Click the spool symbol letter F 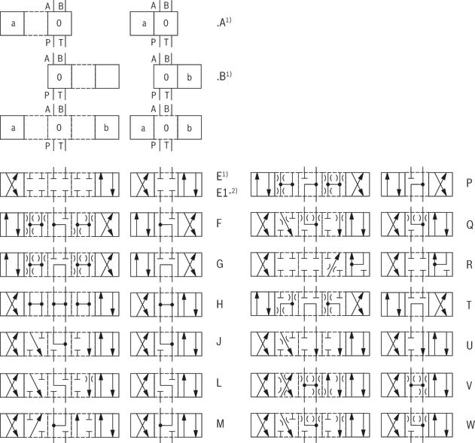pyautogui.click(x=219, y=223)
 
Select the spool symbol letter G pyautogui.click(x=220, y=264)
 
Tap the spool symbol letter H pyautogui.click(x=220, y=304)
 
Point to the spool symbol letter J pyautogui.click(x=219, y=341)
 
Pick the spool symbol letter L pyautogui.click(x=219, y=383)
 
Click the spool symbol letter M pyautogui.click(x=221, y=423)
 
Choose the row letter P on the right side pyautogui.click(x=469, y=183)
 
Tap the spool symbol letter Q pyautogui.click(x=470, y=225)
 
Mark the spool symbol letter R pyautogui.click(x=470, y=265)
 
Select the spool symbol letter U pyautogui.click(x=470, y=345)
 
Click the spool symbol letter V pyautogui.click(x=469, y=386)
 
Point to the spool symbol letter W pyautogui.click(x=470, y=424)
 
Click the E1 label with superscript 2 pyautogui.click(x=227, y=193)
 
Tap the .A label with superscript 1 pyautogui.click(x=224, y=23)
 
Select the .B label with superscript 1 pyautogui.click(x=224, y=76)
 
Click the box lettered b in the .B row pyautogui.click(x=190, y=77)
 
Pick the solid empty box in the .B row pyautogui.click(x=107, y=77)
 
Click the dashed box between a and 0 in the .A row pyautogui.click(x=35, y=23)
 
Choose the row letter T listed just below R pyautogui.click(x=469, y=305)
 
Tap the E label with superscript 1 pyautogui.click(x=222, y=176)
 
